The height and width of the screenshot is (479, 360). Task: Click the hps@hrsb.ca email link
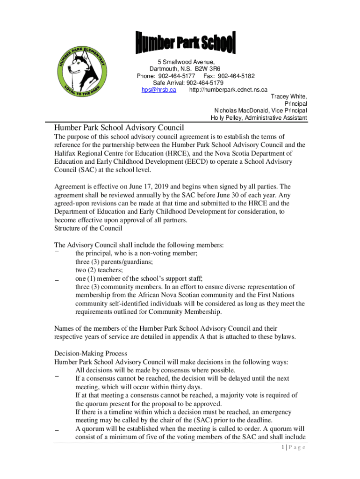tap(158, 90)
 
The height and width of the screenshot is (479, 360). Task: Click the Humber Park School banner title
tap(186, 43)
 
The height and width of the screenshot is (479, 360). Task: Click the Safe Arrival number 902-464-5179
tap(198, 83)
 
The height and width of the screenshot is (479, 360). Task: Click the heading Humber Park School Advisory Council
tap(119, 128)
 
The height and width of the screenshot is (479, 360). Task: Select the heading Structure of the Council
tap(88, 228)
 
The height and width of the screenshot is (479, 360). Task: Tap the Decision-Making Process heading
tap(90, 353)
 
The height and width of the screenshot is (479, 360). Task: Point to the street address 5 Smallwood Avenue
tap(186, 62)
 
